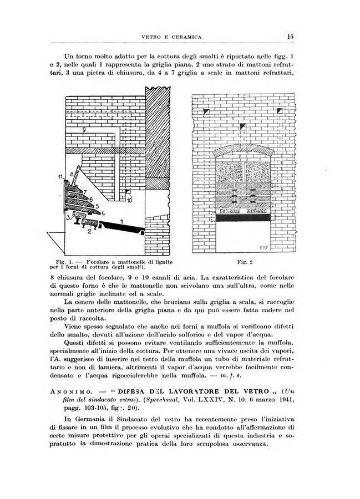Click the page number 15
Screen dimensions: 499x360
coord(290,37)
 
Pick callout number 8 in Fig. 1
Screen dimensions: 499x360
coord(72,174)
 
